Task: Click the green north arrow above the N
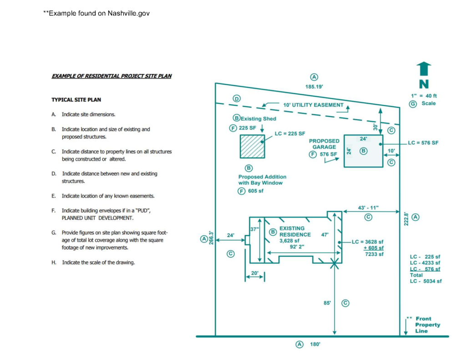424,69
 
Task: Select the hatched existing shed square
253,146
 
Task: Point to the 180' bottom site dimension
315,345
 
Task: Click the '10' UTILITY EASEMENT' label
313,105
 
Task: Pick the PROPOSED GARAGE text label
324,144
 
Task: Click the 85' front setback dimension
327,303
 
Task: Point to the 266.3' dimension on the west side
212,237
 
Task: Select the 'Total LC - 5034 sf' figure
425,278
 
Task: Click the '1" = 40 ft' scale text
423,96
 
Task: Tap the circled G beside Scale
413,103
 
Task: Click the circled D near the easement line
237,99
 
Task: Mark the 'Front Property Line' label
427,325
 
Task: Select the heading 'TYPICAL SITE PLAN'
76,100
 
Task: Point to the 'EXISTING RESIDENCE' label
295,231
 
